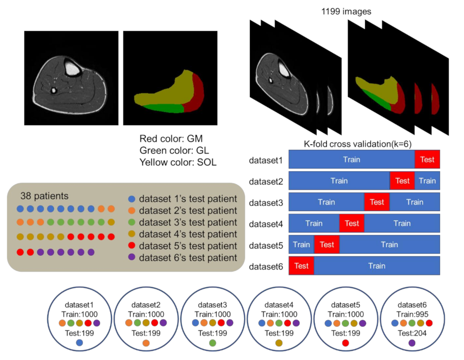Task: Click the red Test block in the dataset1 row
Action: [x=427, y=159]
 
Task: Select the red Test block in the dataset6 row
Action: [x=301, y=265]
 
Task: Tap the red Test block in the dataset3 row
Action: [x=377, y=202]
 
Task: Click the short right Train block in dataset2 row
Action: [x=427, y=180]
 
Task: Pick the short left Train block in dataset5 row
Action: [x=301, y=244]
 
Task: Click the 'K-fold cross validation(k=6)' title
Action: [x=358, y=144]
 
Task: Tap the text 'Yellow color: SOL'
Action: [x=178, y=162]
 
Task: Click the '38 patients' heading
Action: [x=44, y=196]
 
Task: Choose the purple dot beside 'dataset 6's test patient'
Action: [x=132, y=258]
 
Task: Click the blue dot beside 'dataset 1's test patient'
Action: [x=132, y=199]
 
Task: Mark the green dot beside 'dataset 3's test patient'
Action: [x=132, y=222]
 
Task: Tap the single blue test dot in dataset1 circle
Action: [x=80, y=343]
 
